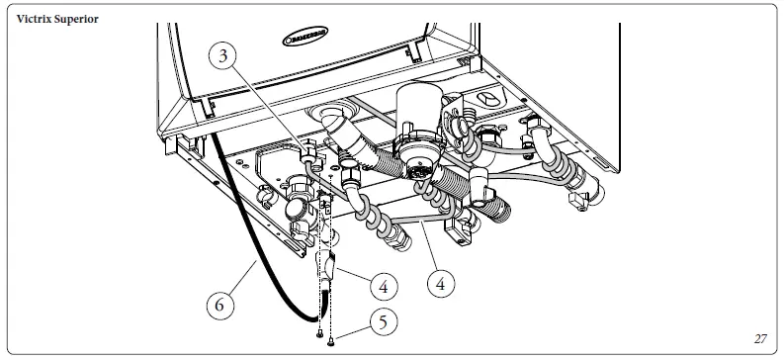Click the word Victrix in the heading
34,20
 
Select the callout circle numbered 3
224,57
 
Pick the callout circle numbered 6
222,305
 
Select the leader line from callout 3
267,109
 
